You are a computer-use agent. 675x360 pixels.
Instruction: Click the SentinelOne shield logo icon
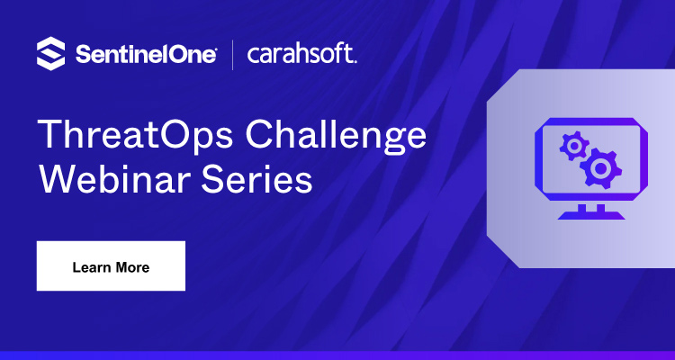(x=51, y=53)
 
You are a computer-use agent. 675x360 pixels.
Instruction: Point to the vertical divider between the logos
(x=233, y=54)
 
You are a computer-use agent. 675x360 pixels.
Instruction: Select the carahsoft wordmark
(x=301, y=54)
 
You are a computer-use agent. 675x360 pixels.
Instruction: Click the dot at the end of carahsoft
(x=355, y=60)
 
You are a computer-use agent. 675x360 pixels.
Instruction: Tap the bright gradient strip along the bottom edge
(x=337, y=355)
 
